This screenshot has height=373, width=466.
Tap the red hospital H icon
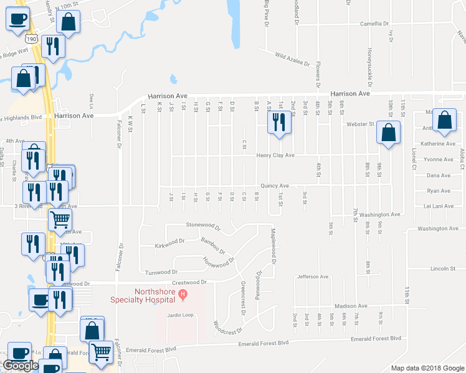[x=183, y=293]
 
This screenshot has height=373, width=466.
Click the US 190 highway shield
[x=32, y=39]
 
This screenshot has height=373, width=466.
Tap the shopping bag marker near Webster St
[x=388, y=132]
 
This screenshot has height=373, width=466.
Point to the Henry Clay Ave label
[x=275, y=155]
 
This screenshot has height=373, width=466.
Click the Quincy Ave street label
[x=275, y=186]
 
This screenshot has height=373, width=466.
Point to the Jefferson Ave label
[x=312, y=277]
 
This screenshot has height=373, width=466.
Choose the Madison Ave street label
[x=351, y=306]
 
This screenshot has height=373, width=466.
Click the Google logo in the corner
[x=21, y=366]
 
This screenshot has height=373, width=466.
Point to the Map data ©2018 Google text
[x=427, y=368]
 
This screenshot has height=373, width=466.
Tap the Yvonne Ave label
[x=437, y=160]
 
